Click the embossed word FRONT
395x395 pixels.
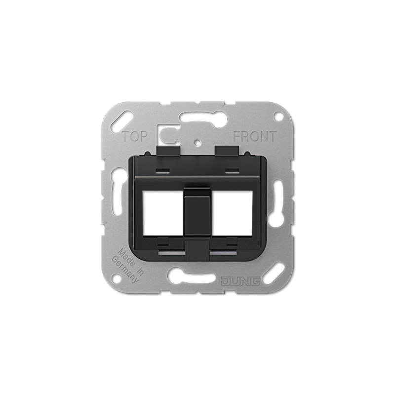tap(255, 137)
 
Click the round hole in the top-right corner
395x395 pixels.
tap(278, 116)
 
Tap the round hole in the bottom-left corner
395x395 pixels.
tap(117, 278)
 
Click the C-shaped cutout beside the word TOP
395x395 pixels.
tap(167, 132)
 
